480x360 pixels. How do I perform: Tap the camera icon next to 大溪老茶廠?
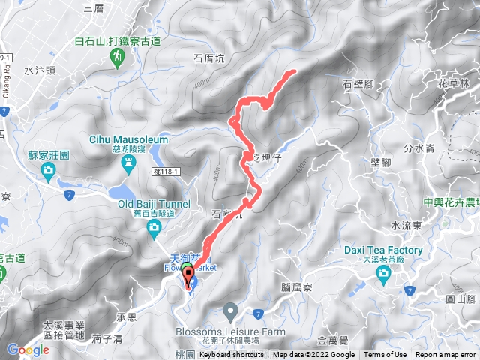383,274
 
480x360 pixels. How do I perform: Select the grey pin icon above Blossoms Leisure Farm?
230,310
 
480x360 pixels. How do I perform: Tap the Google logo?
28,349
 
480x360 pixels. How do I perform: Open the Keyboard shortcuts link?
232,355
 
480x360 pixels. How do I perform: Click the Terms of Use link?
385,355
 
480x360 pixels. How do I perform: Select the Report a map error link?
446,355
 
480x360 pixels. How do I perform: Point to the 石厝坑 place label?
209,57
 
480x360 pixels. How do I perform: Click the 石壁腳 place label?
358,84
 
